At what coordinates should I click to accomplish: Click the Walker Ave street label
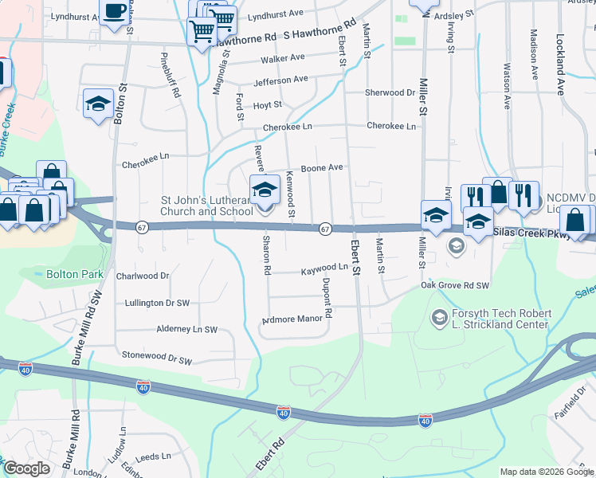pyautogui.click(x=282, y=58)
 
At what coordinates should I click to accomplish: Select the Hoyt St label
pyautogui.click(x=267, y=104)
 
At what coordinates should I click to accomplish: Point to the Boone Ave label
pyautogui.click(x=322, y=168)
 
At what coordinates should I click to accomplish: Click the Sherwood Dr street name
pyautogui.click(x=390, y=92)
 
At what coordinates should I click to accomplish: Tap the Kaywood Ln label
pyautogui.click(x=324, y=272)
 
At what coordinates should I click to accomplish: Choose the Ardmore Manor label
pyautogui.click(x=292, y=320)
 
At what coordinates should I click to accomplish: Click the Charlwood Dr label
pyautogui.click(x=143, y=276)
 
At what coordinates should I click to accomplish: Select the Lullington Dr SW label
pyautogui.click(x=158, y=303)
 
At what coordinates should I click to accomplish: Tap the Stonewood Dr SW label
pyautogui.click(x=157, y=360)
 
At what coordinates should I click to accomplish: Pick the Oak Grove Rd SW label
pyautogui.click(x=455, y=284)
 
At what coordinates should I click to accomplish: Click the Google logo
pyautogui.click(x=26, y=468)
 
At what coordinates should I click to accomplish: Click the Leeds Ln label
pyautogui.click(x=154, y=458)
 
